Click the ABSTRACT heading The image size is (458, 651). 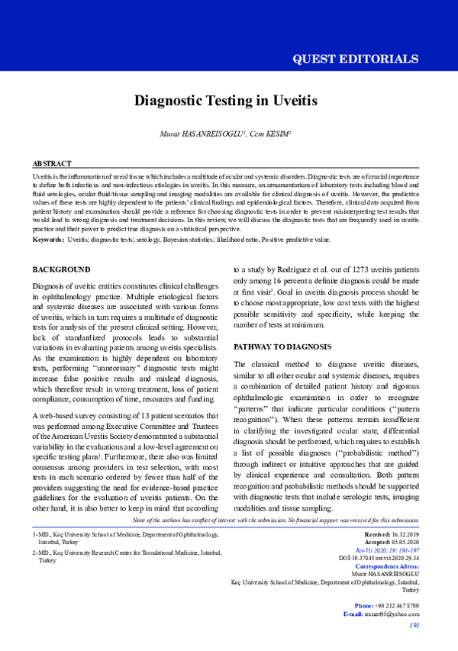(52, 164)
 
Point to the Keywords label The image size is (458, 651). (48, 240)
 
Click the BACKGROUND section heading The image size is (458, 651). (61, 269)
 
